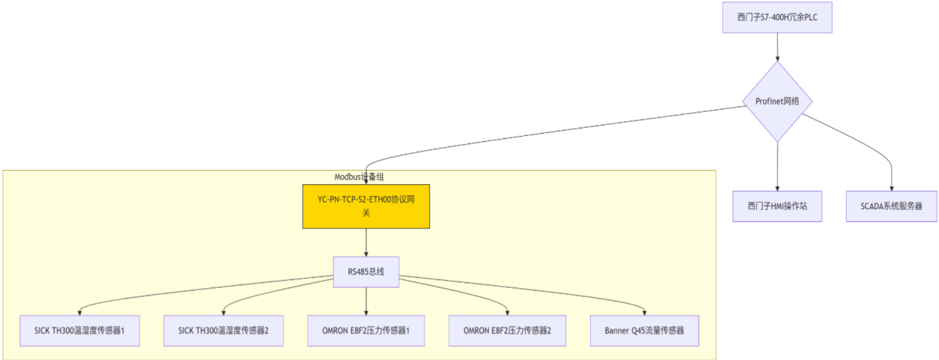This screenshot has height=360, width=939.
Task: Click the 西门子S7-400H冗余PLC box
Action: [777, 17]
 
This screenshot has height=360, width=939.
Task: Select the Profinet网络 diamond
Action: [777, 101]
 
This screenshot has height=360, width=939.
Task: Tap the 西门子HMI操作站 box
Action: [777, 206]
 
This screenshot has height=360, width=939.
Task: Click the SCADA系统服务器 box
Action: [891, 206]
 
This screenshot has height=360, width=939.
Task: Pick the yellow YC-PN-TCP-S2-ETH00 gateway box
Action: [366, 206]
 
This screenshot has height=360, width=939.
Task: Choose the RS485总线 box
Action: [366, 272]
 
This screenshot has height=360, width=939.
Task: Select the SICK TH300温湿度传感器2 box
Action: [223, 330]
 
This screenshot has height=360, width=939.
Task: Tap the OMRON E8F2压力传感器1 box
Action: [366, 330]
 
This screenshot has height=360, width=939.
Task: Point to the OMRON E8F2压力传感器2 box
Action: [508, 330]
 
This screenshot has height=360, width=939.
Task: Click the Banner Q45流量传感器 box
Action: [644, 330]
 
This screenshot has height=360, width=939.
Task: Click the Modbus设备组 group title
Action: [359, 177]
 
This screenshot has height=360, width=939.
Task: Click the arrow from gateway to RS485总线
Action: [366, 242]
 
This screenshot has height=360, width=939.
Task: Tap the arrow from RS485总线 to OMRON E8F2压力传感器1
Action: [366, 300]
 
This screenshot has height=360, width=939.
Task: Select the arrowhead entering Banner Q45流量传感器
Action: [644, 312]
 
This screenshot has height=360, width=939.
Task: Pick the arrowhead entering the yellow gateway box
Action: [366, 180]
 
